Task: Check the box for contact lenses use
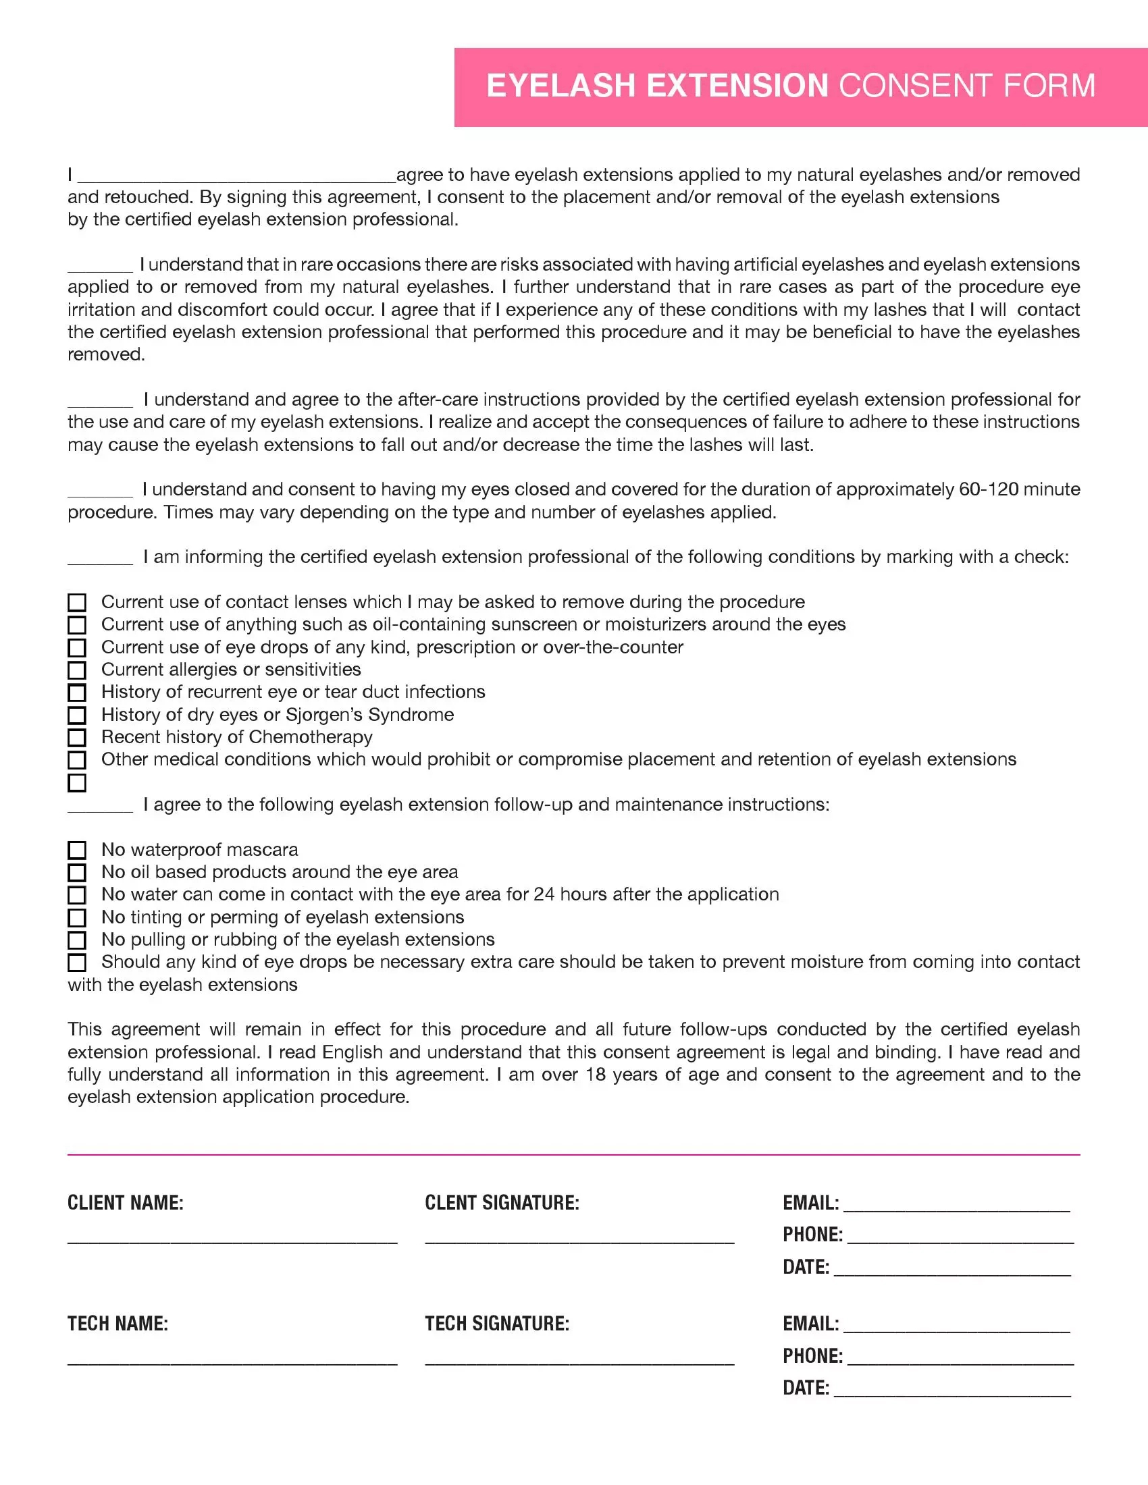coord(78,602)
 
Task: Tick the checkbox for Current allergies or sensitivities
coord(78,670)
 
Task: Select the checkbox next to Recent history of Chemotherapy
coord(78,737)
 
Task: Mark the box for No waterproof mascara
coord(78,850)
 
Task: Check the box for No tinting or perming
coord(78,917)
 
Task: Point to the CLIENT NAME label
coord(125,1203)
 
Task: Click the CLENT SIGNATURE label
coord(502,1203)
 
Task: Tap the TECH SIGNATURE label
coord(497,1324)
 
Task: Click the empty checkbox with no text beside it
coord(78,782)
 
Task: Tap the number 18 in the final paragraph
coord(595,1075)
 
